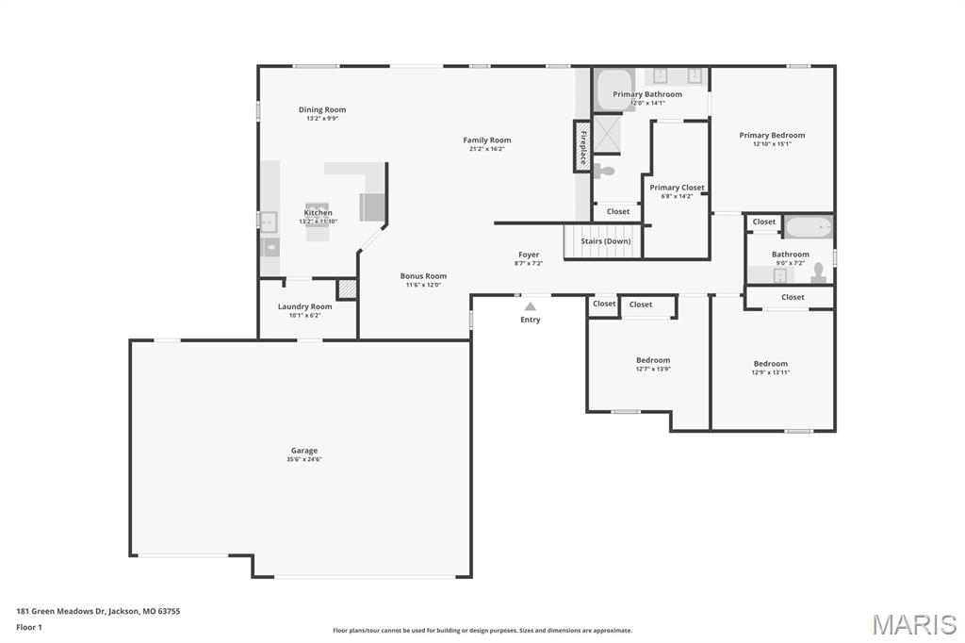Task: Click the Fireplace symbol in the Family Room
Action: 582,147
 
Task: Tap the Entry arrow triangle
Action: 531,306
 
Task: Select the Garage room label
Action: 303,451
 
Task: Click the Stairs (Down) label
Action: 605,241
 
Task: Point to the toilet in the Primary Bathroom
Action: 606,171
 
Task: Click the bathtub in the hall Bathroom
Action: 809,227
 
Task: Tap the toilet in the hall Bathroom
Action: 818,273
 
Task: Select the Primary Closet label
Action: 677,188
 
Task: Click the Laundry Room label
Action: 304,306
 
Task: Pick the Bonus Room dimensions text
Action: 423,285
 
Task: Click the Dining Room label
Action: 322,110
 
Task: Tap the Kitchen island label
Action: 318,213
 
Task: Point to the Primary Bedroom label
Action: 772,136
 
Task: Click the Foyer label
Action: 529,255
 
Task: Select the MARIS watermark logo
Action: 914,624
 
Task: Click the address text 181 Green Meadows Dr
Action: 98,611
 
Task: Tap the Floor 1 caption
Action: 29,627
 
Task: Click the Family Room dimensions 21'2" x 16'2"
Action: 487,149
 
